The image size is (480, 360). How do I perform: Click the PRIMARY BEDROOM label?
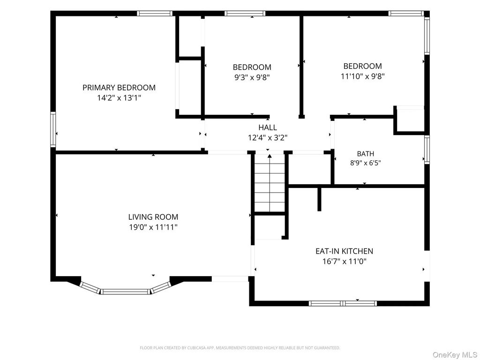point(119,88)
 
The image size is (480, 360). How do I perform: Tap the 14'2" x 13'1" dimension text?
point(119,98)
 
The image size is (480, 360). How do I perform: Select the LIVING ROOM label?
point(153,217)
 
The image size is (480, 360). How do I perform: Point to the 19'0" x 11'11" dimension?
point(153,227)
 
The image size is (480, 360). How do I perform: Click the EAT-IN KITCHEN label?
point(345,251)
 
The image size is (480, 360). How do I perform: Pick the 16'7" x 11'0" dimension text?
point(345,262)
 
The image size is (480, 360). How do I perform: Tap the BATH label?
point(366,154)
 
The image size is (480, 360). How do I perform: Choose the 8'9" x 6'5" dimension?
point(366,163)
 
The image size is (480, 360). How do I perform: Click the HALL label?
point(268,127)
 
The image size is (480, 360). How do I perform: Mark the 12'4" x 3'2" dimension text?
point(268,138)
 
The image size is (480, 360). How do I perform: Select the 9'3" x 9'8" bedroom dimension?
point(252,77)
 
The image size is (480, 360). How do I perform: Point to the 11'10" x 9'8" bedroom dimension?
point(363,76)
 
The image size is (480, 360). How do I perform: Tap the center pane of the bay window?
point(126,292)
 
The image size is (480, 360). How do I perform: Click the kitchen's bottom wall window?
point(343,303)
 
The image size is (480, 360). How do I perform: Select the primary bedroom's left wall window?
point(53,129)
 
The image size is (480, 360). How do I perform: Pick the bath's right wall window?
point(427,150)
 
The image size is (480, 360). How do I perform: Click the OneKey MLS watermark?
point(455,355)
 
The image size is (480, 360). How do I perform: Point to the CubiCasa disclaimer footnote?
point(240,348)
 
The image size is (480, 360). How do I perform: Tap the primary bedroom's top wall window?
point(155,13)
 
